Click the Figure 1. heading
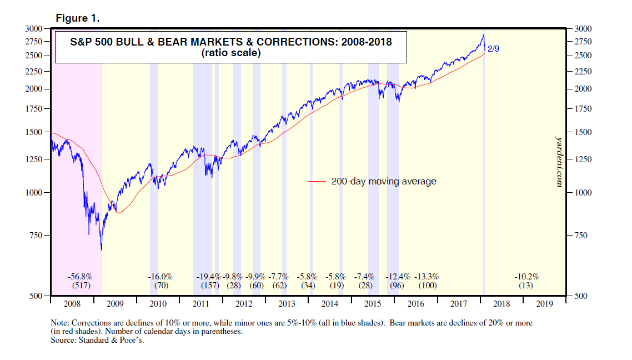[x=78, y=18]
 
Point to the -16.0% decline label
[x=160, y=276]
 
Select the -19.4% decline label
[x=209, y=276]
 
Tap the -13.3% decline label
[x=428, y=276]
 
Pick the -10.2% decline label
[x=526, y=276]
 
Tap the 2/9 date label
[x=494, y=49]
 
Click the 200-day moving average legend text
[x=384, y=181]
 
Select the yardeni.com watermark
[x=559, y=161]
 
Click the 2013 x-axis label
[x=287, y=304]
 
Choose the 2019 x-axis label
[x=544, y=304]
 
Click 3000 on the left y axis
[x=34, y=28]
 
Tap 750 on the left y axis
[x=37, y=236]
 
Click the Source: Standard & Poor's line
[x=98, y=341]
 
